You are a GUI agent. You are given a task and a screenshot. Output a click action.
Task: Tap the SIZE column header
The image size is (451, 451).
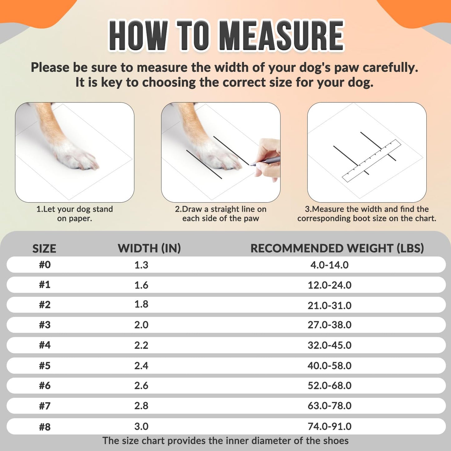pos(44,248)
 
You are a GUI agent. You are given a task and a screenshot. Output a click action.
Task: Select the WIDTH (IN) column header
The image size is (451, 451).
pos(149,248)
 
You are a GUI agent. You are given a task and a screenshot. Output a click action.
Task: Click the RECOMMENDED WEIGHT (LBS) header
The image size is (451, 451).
pos(337,248)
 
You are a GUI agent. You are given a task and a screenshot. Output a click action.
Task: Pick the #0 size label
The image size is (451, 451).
pos(45,265)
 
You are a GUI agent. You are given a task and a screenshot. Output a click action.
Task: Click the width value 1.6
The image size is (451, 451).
pos(141,285)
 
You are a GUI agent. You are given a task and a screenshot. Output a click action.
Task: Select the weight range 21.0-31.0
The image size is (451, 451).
pos(329,305)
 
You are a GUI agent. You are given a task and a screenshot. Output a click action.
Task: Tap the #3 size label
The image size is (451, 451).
pos(45,325)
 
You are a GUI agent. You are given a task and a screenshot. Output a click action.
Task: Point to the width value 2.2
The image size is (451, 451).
pos(141,345)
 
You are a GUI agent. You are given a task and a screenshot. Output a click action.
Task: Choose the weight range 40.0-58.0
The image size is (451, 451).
pos(329,365)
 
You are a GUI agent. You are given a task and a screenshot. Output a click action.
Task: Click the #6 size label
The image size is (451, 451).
pos(45,385)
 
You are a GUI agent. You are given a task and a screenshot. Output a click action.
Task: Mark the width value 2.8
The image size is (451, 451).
pos(141,406)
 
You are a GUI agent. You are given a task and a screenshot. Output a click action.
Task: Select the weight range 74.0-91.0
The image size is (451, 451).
pos(329,426)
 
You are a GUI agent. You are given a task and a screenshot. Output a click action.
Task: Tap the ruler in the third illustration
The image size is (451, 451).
pos(371,160)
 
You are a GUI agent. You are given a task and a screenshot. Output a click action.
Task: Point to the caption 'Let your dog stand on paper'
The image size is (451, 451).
pos(75,213)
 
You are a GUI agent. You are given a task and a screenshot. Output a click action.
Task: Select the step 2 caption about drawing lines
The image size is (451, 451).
pos(221,213)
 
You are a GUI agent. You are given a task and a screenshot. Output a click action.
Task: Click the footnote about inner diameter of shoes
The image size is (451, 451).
pos(225,441)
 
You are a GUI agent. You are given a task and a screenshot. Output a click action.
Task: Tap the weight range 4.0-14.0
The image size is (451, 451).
pos(329,265)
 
